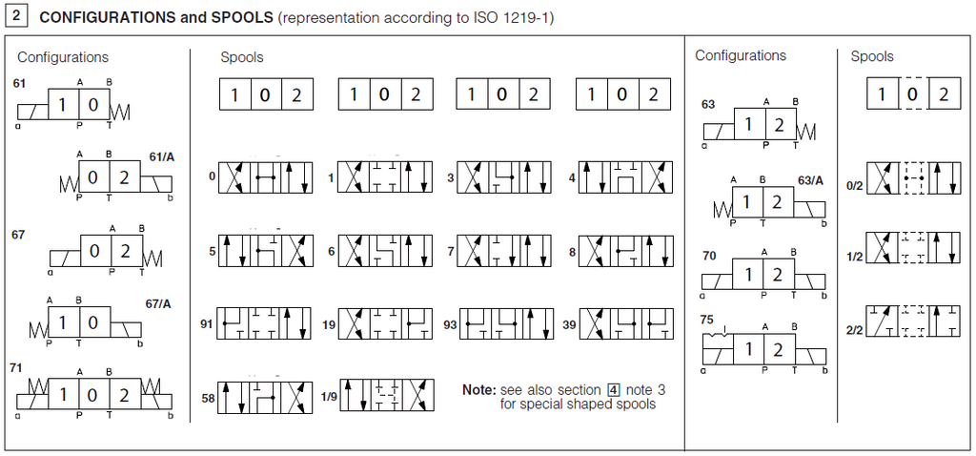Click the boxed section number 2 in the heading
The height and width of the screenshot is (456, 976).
(16, 16)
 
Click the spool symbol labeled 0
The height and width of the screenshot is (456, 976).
(265, 177)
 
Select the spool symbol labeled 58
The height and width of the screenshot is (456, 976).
(265, 396)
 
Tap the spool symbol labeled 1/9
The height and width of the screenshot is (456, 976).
(387, 395)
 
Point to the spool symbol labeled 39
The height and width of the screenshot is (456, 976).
(626, 324)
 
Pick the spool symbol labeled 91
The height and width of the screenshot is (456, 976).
(265, 324)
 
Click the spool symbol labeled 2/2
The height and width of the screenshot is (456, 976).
(914, 321)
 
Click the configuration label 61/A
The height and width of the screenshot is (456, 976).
(162, 156)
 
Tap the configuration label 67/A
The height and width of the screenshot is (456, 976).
(158, 304)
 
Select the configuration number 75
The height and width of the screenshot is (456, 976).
(706, 321)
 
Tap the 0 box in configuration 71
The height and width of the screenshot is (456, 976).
(95, 394)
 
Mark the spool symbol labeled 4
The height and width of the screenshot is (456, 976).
(626, 177)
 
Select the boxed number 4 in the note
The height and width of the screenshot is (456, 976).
(614, 390)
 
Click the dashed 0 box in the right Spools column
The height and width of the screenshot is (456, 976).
(913, 94)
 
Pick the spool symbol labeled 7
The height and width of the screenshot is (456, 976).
(504, 251)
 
